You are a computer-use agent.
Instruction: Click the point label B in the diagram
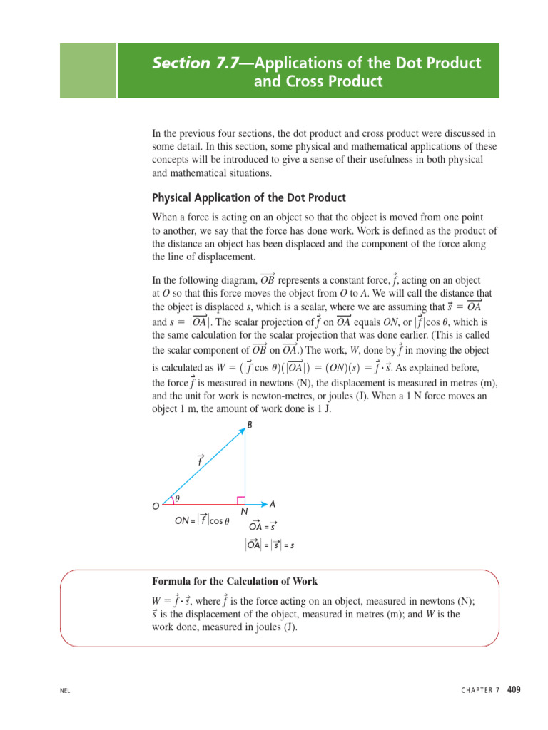point(250,426)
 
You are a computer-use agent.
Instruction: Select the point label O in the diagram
point(156,506)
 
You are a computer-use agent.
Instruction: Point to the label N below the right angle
point(244,512)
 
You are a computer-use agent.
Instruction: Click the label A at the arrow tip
point(273,504)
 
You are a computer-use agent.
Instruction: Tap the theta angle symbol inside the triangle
point(178,498)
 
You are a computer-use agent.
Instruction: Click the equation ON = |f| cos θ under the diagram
point(202,520)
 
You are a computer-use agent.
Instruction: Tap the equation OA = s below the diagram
point(263,527)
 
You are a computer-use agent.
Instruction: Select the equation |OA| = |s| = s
point(269,545)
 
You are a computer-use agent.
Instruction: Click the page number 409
point(514,690)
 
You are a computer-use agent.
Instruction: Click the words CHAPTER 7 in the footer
point(477,690)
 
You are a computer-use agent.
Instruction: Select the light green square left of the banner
point(88,70)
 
